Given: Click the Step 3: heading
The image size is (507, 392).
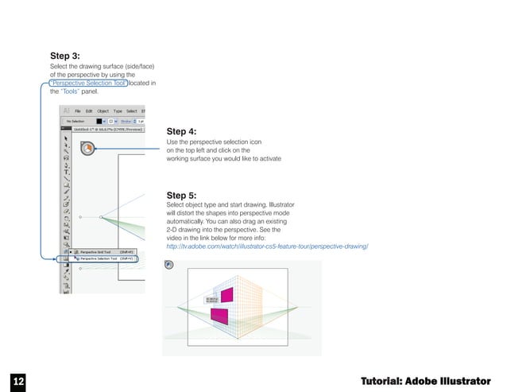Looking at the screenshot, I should (x=64, y=56).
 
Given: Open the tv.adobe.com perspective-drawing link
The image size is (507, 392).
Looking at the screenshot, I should (x=267, y=247).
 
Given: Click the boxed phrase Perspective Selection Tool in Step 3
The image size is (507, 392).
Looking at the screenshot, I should (x=87, y=83).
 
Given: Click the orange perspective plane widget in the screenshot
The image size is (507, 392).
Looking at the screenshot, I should (x=87, y=147).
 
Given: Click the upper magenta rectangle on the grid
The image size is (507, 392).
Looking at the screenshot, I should (x=226, y=295).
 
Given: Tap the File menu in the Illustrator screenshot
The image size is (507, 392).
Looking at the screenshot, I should (x=79, y=111).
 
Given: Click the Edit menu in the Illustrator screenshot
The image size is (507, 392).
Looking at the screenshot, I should (x=91, y=111).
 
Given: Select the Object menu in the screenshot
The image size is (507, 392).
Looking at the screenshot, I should (x=104, y=111).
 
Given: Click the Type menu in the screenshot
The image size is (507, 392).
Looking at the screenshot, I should (x=118, y=111).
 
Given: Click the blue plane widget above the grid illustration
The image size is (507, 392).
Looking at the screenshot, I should (x=168, y=267).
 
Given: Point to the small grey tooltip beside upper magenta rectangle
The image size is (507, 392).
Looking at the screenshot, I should (x=211, y=301).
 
